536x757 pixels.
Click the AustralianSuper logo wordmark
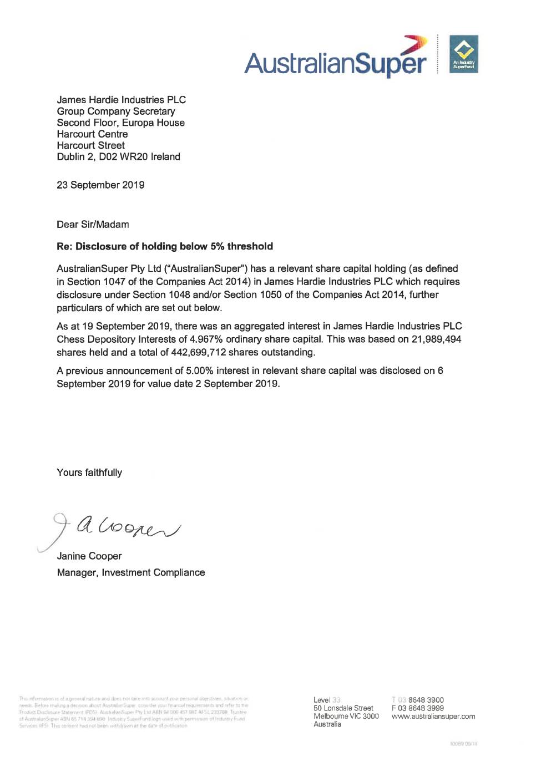[336, 63]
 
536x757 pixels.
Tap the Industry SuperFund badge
[463, 54]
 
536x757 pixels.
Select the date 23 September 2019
[100, 185]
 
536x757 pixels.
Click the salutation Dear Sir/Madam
[93, 225]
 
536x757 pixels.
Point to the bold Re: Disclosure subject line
[165, 246]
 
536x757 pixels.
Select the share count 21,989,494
[436, 339]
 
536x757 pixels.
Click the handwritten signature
[117, 527]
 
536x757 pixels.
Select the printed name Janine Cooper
[89, 556]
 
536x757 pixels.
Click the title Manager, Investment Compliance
[131, 573]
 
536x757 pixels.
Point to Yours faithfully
[89, 473]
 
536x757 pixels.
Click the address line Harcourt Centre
[92, 134]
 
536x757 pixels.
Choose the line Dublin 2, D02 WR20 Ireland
[118, 157]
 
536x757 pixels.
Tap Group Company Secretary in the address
[115, 111]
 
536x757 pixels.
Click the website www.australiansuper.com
[433, 717]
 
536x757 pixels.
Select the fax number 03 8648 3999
[421, 708]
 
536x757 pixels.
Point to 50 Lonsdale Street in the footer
[343, 708]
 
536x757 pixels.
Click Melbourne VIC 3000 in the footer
[346, 717]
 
